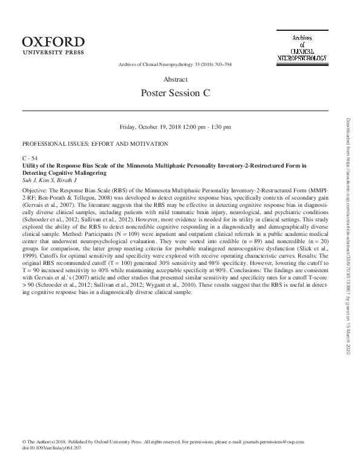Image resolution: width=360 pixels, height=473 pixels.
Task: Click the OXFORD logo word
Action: click(x=53, y=41)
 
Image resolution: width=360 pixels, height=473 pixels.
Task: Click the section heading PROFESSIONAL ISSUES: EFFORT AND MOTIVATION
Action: click(x=94, y=143)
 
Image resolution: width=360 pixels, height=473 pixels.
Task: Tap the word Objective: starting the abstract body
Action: click(x=36, y=189)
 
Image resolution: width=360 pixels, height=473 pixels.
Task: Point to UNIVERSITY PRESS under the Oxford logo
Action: click(x=53, y=52)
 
